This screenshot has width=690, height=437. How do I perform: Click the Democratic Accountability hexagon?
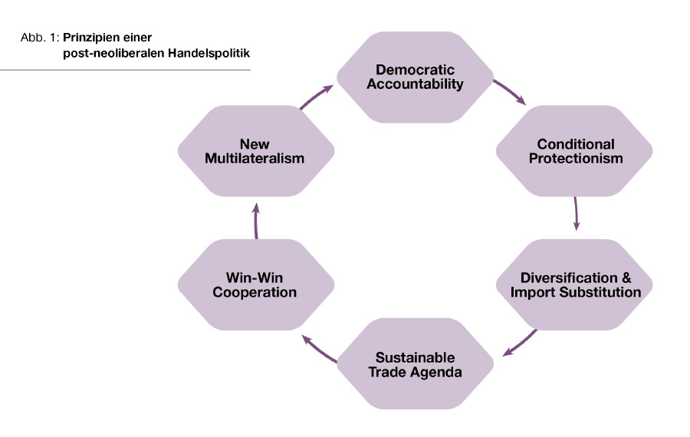tap(415, 76)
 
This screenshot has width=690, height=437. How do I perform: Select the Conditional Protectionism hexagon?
tap(575, 151)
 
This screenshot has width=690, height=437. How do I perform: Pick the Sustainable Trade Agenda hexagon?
tap(415, 365)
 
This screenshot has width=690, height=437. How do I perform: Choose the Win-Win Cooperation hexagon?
tap(256, 284)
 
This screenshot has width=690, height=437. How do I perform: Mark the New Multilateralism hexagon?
tap(256, 151)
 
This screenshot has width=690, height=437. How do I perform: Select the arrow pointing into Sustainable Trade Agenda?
tap(520, 343)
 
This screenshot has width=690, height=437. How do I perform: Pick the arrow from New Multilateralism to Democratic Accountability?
tap(316, 97)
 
